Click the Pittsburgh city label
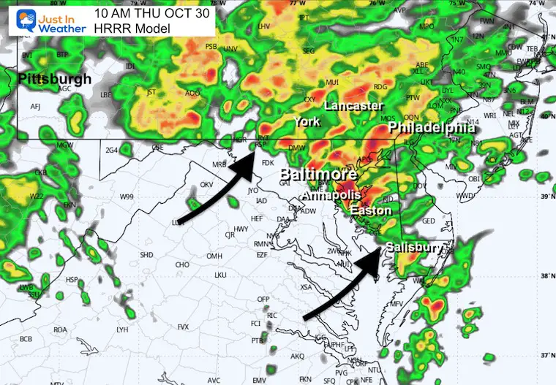[55, 79]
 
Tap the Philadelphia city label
[432, 128]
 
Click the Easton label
[370, 210]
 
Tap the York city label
[307, 122]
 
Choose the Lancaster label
[353, 106]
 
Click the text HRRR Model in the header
[132, 28]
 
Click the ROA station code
[60, 329]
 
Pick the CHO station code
[183, 264]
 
